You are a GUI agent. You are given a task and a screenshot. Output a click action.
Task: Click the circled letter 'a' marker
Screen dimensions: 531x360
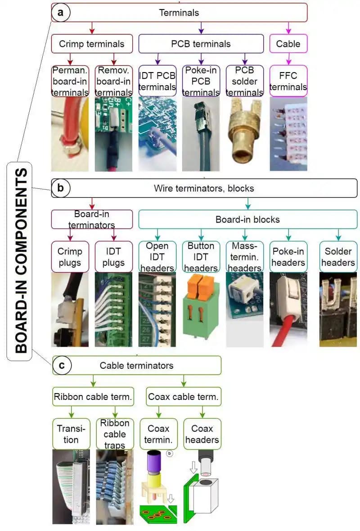pyautogui.click(x=62, y=12)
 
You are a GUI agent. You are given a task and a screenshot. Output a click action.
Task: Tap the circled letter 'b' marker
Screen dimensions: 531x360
pyautogui.click(x=62, y=188)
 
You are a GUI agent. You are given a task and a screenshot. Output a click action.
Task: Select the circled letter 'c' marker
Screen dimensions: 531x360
pyautogui.click(x=62, y=365)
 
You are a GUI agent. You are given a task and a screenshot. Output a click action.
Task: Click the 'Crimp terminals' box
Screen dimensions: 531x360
pyautogui.click(x=92, y=44)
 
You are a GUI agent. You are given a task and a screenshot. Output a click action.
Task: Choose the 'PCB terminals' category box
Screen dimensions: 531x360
pyautogui.click(x=201, y=44)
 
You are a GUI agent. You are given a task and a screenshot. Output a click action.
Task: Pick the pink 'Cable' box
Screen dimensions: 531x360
pyautogui.click(x=288, y=44)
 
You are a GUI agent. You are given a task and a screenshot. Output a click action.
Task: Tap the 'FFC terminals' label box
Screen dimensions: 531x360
pyautogui.click(x=288, y=81)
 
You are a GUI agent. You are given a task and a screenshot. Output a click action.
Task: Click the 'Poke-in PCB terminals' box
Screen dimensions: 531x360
pyautogui.click(x=201, y=81)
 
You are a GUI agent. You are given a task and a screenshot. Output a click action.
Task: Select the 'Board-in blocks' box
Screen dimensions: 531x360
pyautogui.click(x=247, y=220)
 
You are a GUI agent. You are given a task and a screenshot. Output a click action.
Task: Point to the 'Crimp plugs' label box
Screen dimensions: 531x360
pyautogui.click(x=70, y=257)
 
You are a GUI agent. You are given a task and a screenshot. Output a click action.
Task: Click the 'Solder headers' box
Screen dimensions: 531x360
pyautogui.click(x=338, y=257)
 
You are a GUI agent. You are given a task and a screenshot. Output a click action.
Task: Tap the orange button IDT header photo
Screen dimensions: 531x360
pyautogui.click(x=201, y=311)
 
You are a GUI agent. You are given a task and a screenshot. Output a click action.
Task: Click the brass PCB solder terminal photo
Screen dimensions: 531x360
pyautogui.click(x=244, y=133)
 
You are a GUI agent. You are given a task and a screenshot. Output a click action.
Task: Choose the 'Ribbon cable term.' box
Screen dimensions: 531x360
pyautogui.click(x=93, y=397)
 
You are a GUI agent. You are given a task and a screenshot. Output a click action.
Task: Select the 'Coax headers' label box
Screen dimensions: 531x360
pyautogui.click(x=202, y=434)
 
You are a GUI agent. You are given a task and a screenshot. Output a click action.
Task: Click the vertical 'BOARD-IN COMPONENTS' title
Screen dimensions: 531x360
pyautogui.click(x=18, y=261)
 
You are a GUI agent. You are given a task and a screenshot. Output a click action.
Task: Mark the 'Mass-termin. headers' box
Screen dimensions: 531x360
pyautogui.click(x=244, y=257)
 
